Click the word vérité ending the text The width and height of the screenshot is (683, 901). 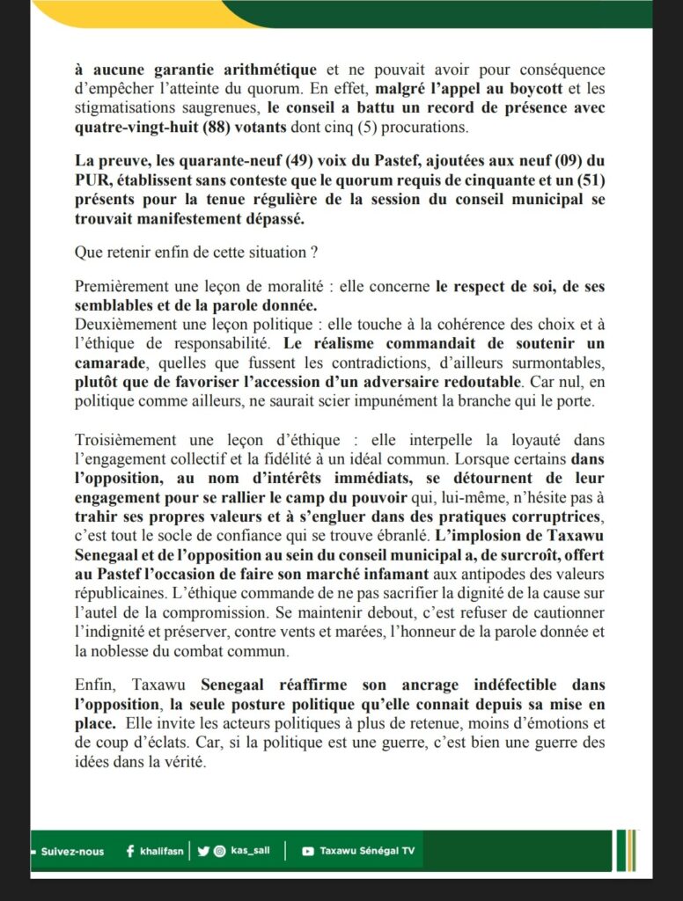pyautogui.click(x=184, y=763)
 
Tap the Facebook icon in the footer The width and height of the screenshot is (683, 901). pyautogui.click(x=130, y=851)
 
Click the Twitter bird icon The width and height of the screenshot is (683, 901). pyautogui.click(x=202, y=851)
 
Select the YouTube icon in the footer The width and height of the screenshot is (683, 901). pyautogui.click(x=307, y=852)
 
